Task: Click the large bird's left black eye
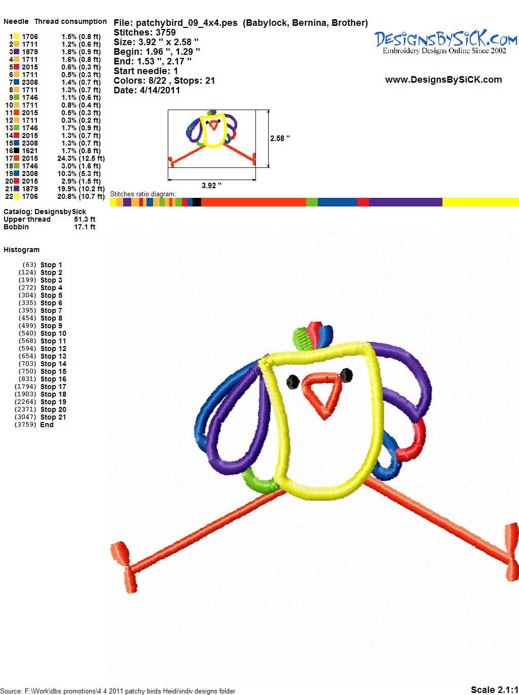pos(293,381)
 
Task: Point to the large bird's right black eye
pos(347,375)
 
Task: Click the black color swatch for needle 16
pos(16,151)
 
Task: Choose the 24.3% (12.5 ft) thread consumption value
pos(81,158)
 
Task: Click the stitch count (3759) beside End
pos(25,425)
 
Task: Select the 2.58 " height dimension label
pos(280,138)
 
